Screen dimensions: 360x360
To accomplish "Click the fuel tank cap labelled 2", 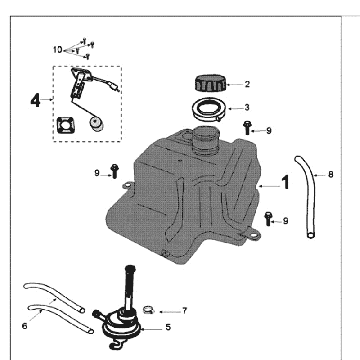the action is click(x=210, y=83).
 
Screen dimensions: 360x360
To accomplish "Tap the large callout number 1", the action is click(x=285, y=183).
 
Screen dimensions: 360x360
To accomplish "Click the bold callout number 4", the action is click(x=36, y=100).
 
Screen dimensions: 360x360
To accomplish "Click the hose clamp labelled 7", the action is click(x=149, y=310).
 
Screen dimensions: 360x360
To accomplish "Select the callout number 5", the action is click(x=168, y=327).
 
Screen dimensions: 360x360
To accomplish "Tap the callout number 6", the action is click(x=24, y=326).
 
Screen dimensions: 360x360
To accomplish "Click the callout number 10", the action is click(x=58, y=50).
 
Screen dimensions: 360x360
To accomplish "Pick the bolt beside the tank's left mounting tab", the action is click(x=115, y=171).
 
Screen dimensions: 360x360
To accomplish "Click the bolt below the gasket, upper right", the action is click(x=247, y=128).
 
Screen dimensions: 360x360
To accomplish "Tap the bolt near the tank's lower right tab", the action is click(x=268, y=219).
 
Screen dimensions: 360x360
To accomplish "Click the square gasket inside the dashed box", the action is click(x=65, y=126).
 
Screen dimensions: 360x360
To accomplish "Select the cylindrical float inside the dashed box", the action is click(x=96, y=125).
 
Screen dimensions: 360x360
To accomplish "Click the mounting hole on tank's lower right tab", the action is click(x=254, y=235).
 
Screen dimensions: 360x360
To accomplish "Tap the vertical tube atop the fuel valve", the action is click(x=129, y=288).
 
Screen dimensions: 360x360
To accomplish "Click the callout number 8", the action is click(x=330, y=174).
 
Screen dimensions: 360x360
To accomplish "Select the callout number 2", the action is click(x=247, y=84).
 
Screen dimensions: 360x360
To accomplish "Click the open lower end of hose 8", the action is click(x=311, y=235).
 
